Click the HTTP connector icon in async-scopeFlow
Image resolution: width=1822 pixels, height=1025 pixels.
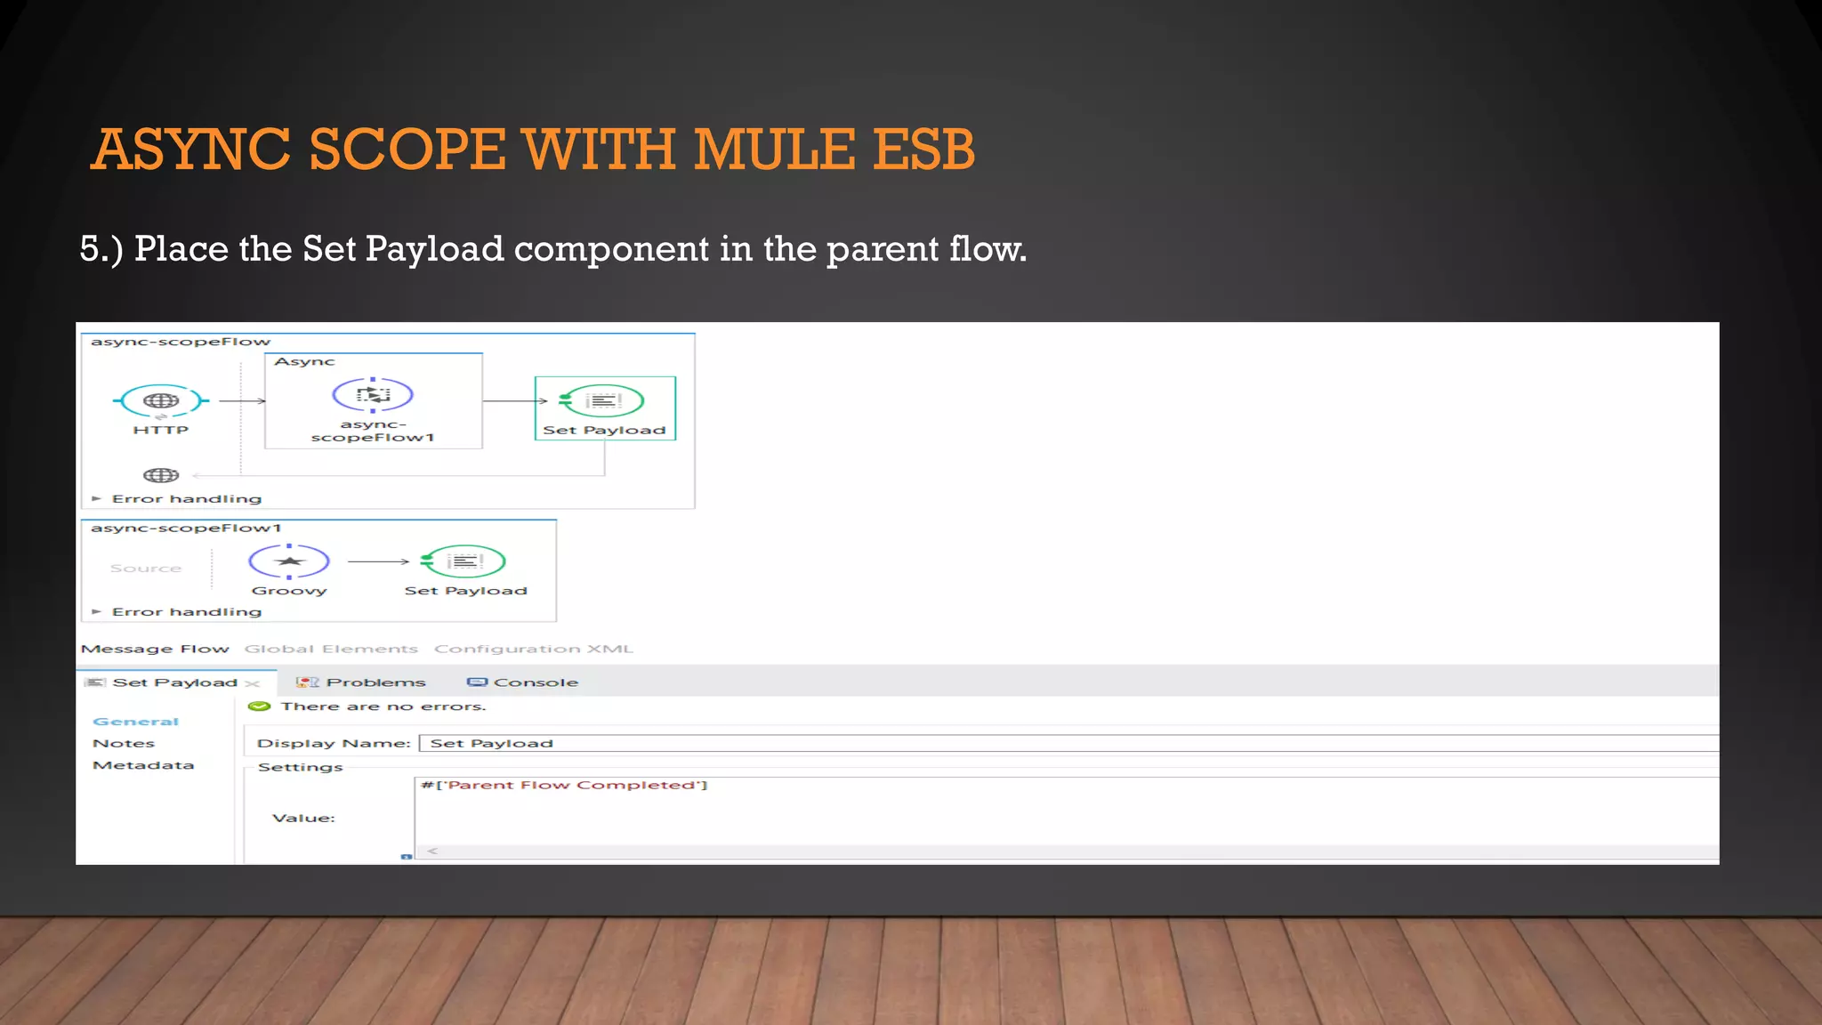coord(161,401)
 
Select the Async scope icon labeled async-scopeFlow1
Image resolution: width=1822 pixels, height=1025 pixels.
coord(373,395)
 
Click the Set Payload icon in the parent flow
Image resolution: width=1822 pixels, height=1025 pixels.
coord(603,401)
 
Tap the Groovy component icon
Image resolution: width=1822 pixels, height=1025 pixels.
coord(289,561)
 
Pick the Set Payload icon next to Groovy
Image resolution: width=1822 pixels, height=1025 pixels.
coord(464,561)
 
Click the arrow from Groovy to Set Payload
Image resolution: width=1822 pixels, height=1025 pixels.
coord(378,561)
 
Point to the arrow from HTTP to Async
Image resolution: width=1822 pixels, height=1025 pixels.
coord(242,401)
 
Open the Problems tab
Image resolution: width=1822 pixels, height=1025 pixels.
coord(375,682)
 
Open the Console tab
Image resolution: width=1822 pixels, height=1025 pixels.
coord(535,682)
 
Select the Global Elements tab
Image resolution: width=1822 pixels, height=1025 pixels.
coord(331,650)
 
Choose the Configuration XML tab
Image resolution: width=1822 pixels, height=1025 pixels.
coord(534,650)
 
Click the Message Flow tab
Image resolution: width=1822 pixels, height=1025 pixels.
coord(155,650)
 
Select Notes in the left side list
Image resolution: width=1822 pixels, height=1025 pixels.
coord(124,744)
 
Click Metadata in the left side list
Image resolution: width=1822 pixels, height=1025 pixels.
coord(143,765)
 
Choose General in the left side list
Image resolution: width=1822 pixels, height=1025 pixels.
coord(136,722)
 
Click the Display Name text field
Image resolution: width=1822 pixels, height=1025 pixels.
coord(1068,744)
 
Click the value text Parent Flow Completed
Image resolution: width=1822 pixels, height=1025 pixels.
coord(569,785)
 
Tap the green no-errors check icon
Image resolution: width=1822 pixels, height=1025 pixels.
coord(260,706)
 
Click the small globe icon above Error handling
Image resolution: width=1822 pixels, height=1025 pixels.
coord(161,475)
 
